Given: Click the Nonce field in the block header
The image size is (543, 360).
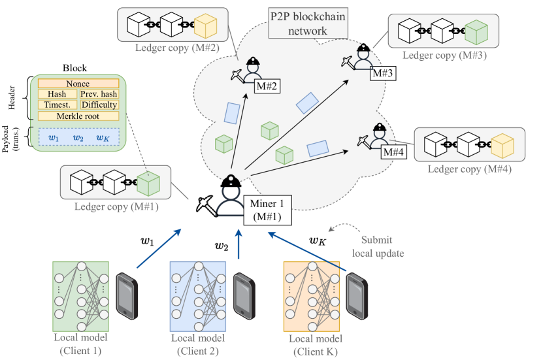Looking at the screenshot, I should coord(78,84).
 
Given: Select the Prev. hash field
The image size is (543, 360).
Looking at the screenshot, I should coord(99,94).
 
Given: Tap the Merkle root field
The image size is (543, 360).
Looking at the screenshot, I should coord(78,116).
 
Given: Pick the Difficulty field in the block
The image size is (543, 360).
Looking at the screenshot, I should coord(99,105).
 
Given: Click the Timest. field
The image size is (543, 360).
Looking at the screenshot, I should coord(58,105).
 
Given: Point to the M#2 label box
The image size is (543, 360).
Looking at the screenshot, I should coord(268,85).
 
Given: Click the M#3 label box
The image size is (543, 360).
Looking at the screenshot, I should coord(382,73).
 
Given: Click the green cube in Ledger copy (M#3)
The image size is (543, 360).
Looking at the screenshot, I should coord(476,32).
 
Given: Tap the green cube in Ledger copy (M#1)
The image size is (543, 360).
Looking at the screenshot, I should coord(148,182).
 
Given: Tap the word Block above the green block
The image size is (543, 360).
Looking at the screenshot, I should coord(74,68).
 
